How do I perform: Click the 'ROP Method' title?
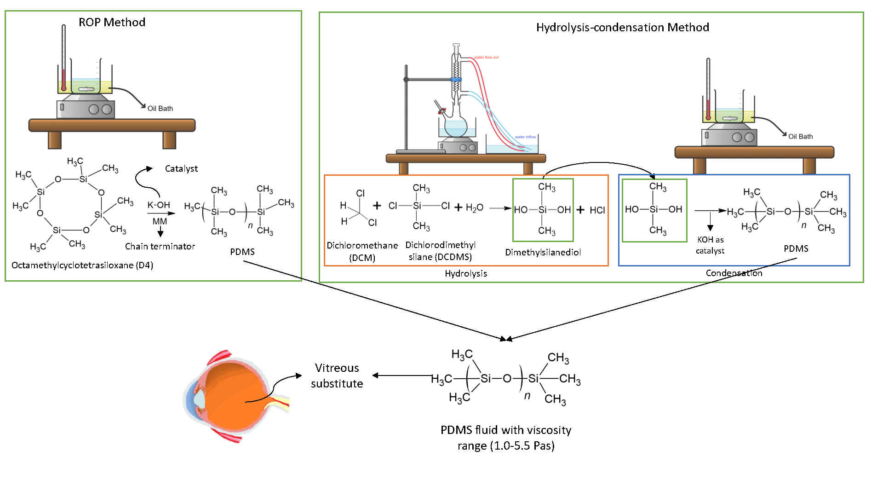pos(112,23)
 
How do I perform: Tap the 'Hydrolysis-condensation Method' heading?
pos(622,28)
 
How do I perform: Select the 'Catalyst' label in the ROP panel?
pos(181,169)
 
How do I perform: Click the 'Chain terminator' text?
pos(160,247)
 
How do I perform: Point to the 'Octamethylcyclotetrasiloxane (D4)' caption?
pos(82,266)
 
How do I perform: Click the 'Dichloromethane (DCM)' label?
pos(362,251)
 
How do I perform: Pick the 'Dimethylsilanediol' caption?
pos(543,252)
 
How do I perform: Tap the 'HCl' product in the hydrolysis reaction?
pos(597,210)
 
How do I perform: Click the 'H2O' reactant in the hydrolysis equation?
pos(474,208)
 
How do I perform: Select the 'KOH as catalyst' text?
pos(710,245)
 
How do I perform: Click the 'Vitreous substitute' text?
pos(337,376)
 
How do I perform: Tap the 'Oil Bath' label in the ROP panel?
pos(160,109)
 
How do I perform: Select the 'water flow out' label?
pos(486,58)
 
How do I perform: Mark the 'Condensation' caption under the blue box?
pos(734,273)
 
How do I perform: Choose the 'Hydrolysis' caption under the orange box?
pos(465,274)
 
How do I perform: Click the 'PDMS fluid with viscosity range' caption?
pos(506,438)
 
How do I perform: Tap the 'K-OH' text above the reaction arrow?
pos(159,205)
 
